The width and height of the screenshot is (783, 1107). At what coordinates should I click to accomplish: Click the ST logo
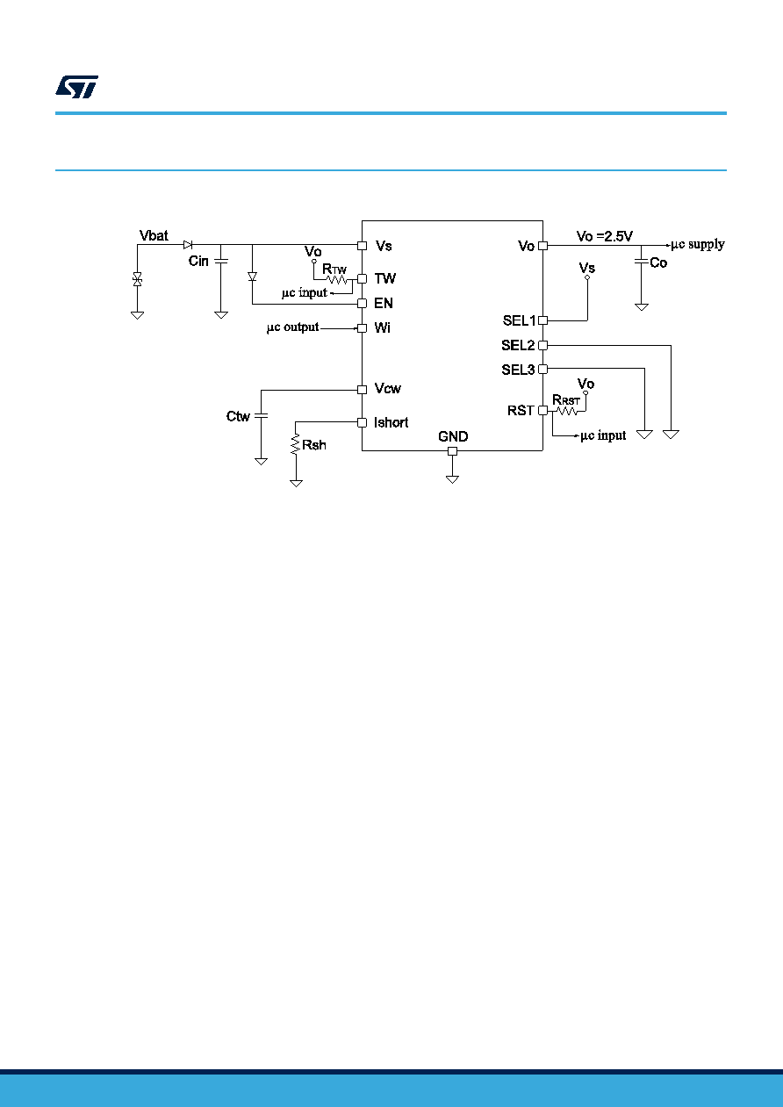pos(76,87)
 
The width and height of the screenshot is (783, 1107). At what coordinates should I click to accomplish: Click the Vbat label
pos(154,236)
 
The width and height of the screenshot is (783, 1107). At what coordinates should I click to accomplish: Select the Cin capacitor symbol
pos(221,261)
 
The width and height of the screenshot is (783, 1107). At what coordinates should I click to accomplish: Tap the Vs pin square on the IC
pos(363,246)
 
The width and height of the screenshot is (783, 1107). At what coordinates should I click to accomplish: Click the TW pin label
pos(384,279)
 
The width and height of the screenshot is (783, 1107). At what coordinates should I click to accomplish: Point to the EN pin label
pos(384,304)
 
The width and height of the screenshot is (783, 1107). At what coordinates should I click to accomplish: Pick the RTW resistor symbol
pos(337,280)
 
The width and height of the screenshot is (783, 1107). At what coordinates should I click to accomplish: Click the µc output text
pos(292,327)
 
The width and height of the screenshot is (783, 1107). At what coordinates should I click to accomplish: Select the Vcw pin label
pos(387,388)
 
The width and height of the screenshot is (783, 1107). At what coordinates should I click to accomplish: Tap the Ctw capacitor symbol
pos(261,415)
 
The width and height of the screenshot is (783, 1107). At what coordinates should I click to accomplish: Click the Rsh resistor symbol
pos(296,444)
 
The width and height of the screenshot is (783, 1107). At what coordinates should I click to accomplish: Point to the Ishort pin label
pos(391,422)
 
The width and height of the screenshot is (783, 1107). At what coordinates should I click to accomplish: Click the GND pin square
pos(453,451)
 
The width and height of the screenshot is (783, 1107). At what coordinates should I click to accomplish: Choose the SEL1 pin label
pos(519,320)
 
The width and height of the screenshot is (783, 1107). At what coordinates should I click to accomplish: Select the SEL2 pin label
pos(518,345)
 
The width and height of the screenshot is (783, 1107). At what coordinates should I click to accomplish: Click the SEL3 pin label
pos(518,370)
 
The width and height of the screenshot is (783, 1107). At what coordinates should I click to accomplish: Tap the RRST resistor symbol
pos(567,411)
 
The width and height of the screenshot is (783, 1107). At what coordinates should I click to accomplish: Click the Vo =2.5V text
pos(605,236)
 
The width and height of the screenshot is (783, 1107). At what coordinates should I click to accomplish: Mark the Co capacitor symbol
pos(641,262)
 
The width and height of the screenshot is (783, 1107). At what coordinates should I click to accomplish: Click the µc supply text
pos(698,245)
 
